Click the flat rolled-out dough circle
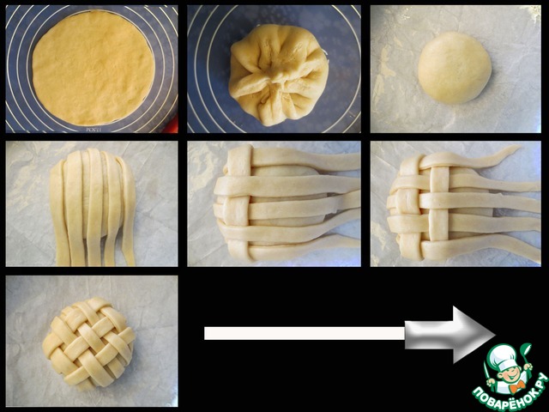[x=94, y=68]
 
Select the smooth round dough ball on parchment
[x=455, y=68]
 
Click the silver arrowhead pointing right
[x=450, y=335]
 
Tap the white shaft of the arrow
[x=305, y=333]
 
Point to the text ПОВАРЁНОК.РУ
[x=510, y=393]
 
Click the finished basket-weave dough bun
[x=89, y=343]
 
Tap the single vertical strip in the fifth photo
[x=240, y=204]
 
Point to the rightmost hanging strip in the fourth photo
[x=128, y=210]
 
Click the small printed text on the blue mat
[x=94, y=130]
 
